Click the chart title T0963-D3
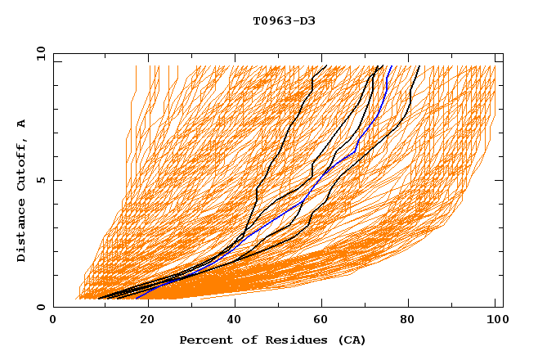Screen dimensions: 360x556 (284, 20)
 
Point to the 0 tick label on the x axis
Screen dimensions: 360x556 (53, 321)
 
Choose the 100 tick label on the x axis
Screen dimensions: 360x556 (495, 321)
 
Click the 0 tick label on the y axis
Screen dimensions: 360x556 (39, 308)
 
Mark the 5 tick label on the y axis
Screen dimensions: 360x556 (39, 180)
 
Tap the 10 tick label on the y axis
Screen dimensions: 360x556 (39, 53)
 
